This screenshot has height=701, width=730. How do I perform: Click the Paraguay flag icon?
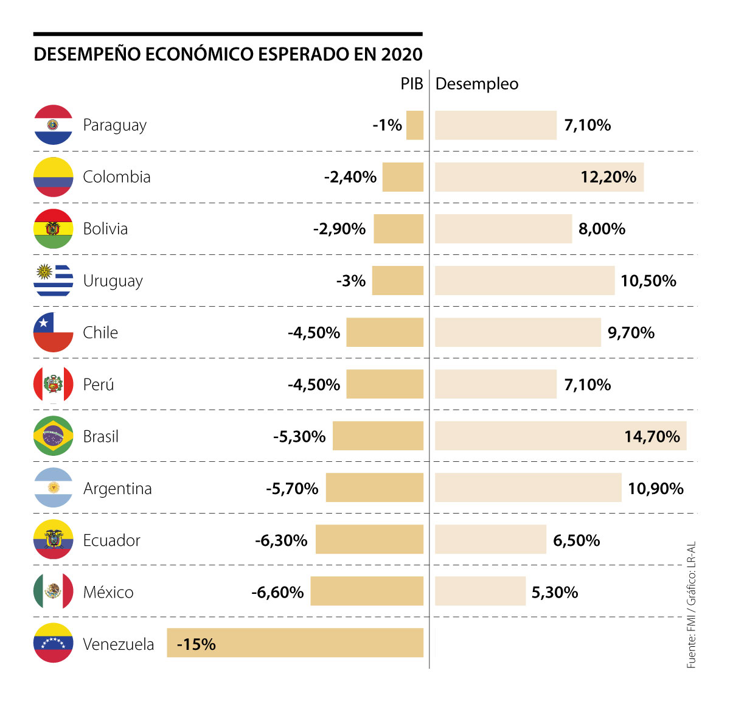click(54, 125)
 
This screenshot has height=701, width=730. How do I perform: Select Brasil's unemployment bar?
click(529, 436)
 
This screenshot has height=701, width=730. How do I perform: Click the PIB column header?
click(411, 84)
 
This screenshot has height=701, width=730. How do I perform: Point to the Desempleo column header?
click(477, 84)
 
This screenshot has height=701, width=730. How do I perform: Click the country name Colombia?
click(117, 177)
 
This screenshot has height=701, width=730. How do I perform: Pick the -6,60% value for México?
click(277, 592)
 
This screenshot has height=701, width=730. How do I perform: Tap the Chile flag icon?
click(54, 332)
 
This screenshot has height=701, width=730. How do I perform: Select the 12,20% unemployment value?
click(608, 177)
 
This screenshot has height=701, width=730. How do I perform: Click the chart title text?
click(228, 54)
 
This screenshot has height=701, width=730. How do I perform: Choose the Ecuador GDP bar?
click(369, 540)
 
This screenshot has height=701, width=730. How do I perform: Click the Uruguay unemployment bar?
click(524, 281)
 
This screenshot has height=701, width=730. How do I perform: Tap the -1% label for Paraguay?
click(388, 125)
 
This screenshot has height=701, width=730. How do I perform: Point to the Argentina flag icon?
click(54, 488)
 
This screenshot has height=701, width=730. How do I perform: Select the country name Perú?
click(99, 385)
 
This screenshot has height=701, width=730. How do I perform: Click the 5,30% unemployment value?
click(555, 592)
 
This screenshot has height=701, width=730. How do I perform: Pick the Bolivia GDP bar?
click(398, 229)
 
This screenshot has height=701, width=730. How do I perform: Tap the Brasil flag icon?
click(54, 436)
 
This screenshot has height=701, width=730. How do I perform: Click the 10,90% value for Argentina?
click(656, 488)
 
